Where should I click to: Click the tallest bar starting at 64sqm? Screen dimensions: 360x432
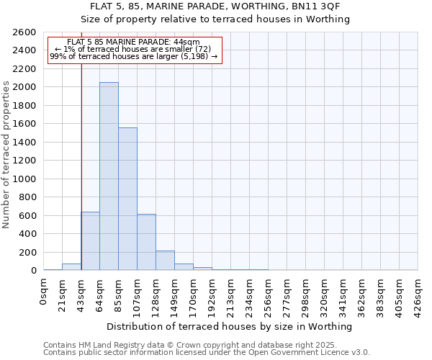109,176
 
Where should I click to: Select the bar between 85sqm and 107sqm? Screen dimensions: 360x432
127,199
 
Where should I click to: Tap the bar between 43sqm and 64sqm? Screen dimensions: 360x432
91,241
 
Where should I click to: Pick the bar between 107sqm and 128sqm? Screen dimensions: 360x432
146,242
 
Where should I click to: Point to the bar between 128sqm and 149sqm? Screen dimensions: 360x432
165,261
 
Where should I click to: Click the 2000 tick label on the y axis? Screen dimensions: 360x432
25,87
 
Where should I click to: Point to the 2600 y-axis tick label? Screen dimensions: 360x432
25,32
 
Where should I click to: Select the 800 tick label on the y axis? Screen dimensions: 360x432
28,197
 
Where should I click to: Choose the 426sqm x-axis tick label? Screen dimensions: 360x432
418,294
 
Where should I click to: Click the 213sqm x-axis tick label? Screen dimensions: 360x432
231,294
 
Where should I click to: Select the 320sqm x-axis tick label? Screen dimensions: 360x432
325,294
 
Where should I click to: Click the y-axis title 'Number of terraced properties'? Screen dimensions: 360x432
6,155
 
